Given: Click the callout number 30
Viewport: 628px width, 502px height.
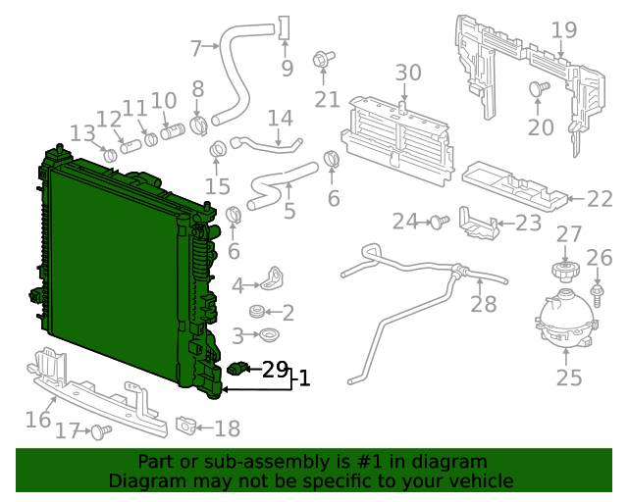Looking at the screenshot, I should click(x=407, y=73).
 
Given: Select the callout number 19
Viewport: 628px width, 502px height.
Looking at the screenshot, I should click(x=563, y=30).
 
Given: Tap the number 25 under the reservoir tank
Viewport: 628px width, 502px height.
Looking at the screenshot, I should click(x=569, y=377).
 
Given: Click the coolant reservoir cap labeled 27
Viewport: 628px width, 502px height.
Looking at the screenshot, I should click(x=564, y=270).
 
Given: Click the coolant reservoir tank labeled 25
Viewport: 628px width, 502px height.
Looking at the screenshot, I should click(x=562, y=320).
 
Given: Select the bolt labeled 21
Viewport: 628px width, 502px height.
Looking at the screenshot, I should click(x=321, y=62).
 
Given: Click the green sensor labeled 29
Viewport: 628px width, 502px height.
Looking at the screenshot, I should click(x=238, y=368).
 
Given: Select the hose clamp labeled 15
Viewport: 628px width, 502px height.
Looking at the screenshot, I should click(x=219, y=149).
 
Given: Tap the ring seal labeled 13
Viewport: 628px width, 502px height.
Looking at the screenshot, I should click(x=110, y=154).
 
